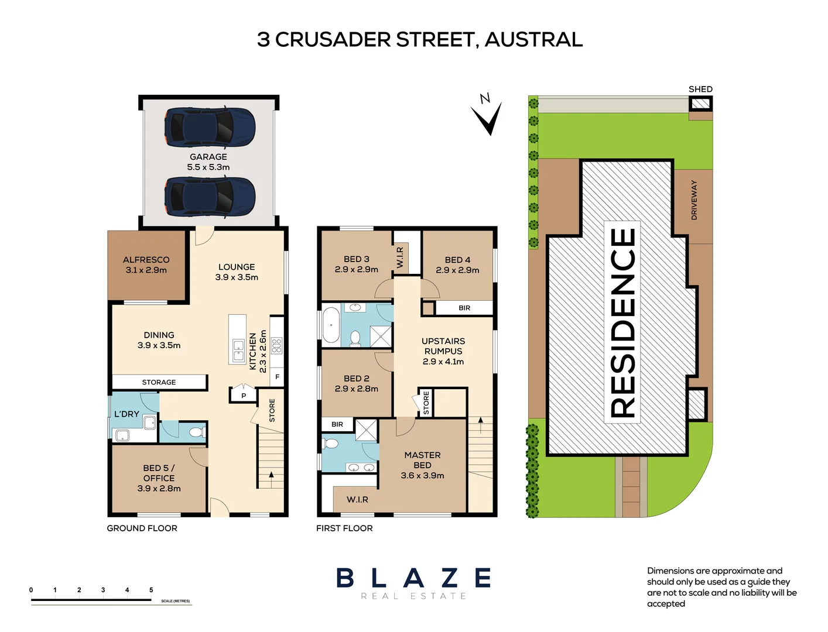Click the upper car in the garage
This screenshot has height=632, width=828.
pos(210,127)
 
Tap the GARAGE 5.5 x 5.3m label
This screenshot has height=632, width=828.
pos(208,162)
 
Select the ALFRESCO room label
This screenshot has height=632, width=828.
pos(146,265)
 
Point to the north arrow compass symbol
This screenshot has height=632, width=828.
pos(488,116)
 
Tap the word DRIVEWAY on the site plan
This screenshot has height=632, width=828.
pos(694,200)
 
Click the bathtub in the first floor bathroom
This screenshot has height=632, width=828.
pos(331,325)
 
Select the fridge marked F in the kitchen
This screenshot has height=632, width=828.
pos(277,377)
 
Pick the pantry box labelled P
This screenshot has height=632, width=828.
pos(244,396)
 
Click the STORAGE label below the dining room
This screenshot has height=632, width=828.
pos(159,382)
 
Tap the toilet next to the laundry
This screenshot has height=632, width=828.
pos(196,432)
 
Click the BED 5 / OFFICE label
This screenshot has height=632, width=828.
pos(159,478)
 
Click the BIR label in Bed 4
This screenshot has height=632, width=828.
pos(464,308)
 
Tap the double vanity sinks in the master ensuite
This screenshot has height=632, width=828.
pos(361,467)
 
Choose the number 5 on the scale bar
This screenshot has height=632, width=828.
pos(151,590)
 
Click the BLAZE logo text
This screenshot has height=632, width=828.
pos(413,578)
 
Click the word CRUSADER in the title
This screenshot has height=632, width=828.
pos(333,40)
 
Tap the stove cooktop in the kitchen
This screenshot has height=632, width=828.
pos(276,345)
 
